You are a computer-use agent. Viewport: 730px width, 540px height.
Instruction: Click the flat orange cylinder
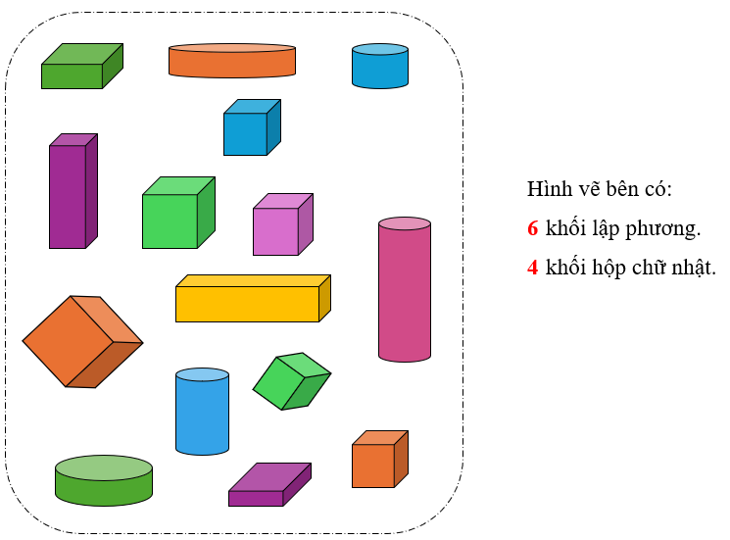(x=232, y=61)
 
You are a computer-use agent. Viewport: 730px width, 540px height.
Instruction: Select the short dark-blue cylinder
(x=380, y=67)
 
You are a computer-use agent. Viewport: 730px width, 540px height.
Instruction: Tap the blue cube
(x=250, y=129)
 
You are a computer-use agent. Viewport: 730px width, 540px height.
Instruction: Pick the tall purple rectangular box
(x=72, y=193)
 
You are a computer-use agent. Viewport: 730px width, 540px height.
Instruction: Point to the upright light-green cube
(x=175, y=216)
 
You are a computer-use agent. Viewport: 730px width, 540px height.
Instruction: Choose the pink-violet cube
(x=280, y=227)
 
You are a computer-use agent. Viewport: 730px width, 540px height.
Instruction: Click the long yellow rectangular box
(x=251, y=300)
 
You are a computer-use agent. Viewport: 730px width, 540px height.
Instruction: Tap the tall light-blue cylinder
(x=203, y=413)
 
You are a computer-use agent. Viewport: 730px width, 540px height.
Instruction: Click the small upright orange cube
(x=377, y=461)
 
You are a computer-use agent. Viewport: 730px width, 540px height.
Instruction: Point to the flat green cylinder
(x=104, y=481)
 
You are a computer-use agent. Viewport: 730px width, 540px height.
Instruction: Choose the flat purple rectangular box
(x=268, y=486)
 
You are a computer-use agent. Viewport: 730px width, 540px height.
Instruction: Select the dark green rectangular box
(x=78, y=69)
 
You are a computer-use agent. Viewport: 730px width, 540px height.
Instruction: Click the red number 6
(x=533, y=229)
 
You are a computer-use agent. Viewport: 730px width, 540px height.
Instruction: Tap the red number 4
(x=533, y=267)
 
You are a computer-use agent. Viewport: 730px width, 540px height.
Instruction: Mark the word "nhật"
(x=694, y=267)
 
